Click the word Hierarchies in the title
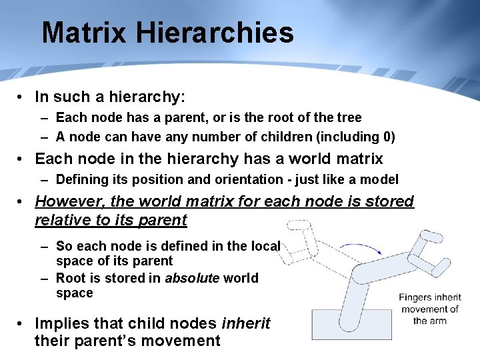point(224,33)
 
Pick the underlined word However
point(71,201)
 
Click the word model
point(381,179)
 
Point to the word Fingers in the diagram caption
point(417,297)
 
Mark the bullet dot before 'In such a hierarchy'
point(22,97)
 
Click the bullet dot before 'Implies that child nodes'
point(22,324)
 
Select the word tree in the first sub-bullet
point(349,118)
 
